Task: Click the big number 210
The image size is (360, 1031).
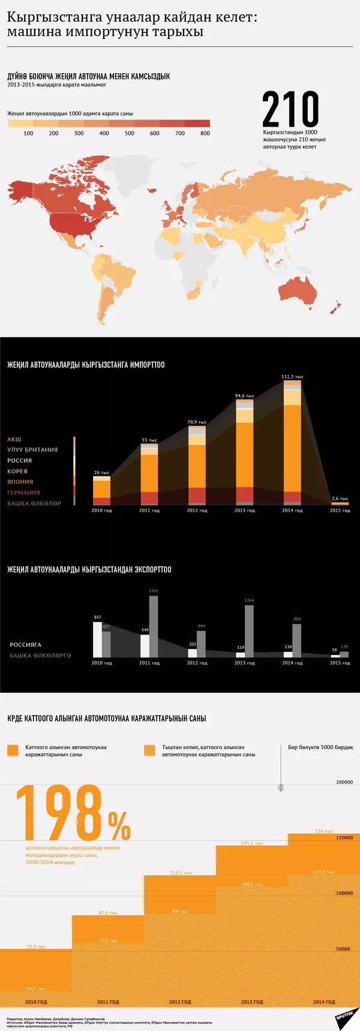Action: (290, 109)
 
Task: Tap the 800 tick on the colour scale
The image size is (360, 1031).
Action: (205, 133)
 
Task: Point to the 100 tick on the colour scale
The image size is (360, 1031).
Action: (28, 133)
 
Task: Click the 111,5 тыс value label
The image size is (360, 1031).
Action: (292, 377)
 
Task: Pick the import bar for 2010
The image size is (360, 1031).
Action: (101, 490)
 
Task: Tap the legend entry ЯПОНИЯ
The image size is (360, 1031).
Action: (20, 482)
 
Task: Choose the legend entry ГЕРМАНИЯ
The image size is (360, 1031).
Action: (23, 492)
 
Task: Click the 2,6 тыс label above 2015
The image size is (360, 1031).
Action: (340, 498)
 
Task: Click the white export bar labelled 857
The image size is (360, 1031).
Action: (97, 639)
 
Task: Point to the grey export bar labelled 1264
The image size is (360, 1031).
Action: (249, 631)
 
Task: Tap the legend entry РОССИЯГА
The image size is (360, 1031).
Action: (25, 645)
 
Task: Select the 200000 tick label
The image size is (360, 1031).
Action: (344, 782)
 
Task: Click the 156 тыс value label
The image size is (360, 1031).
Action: (324, 831)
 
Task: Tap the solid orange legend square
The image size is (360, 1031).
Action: (13, 750)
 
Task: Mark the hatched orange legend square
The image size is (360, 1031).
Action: (150, 750)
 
